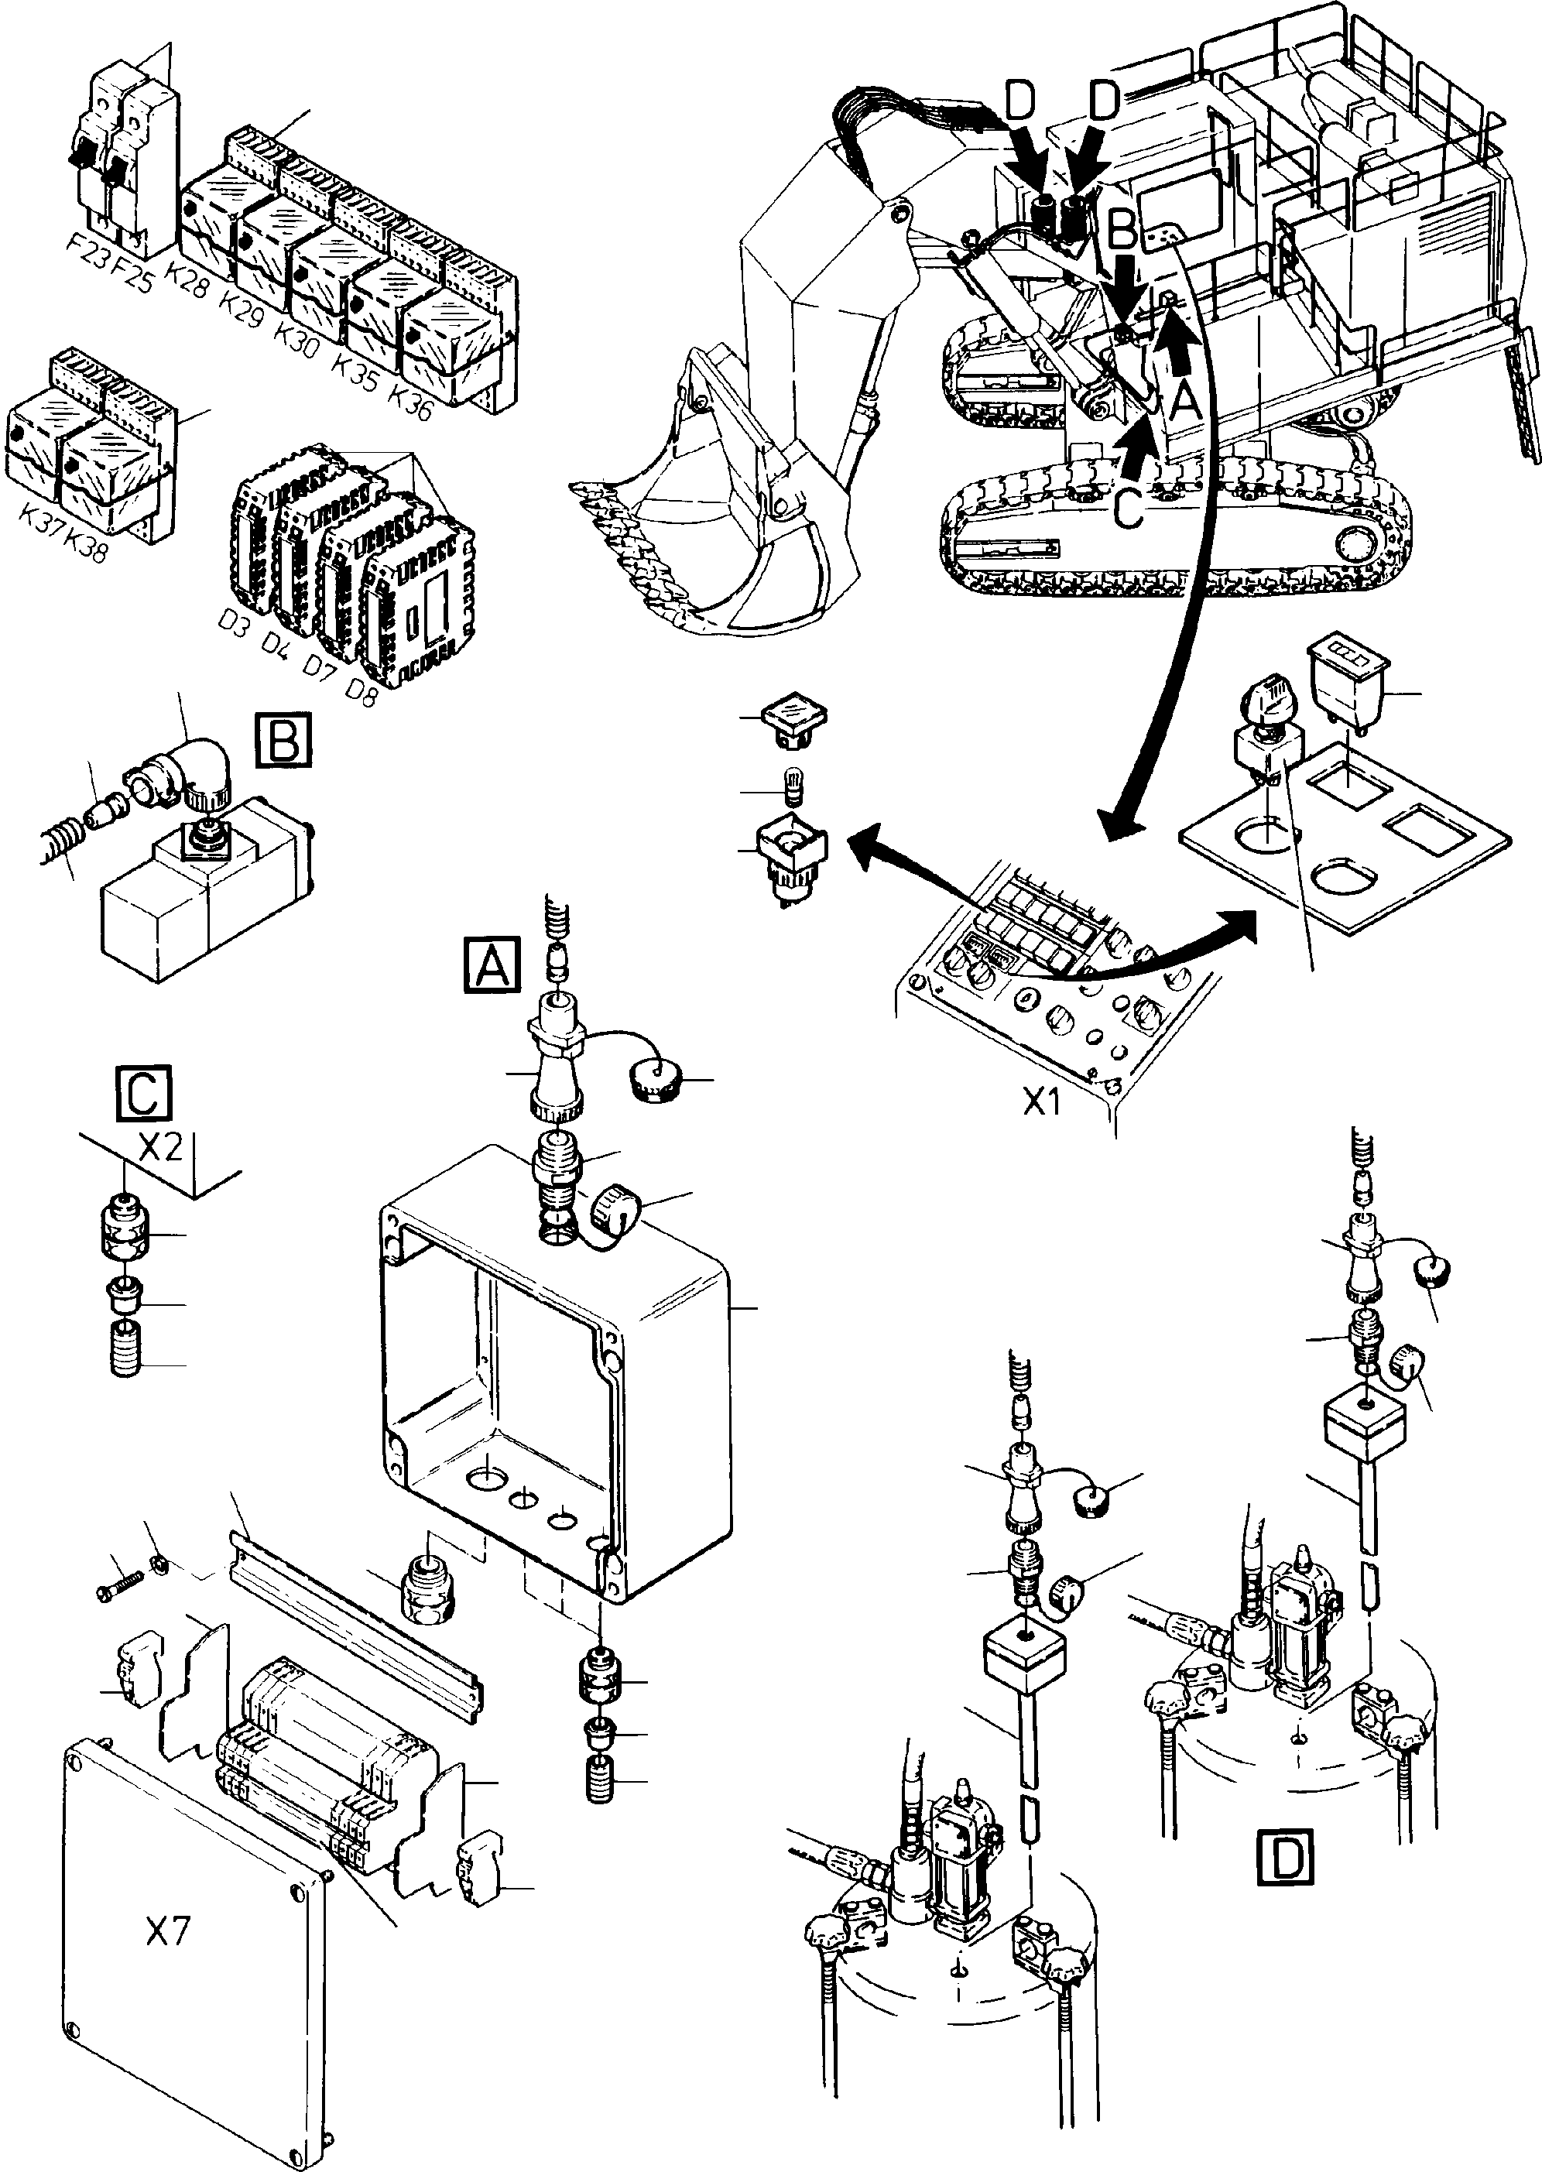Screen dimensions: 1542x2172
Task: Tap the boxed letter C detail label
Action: coord(143,1094)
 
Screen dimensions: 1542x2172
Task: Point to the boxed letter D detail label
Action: coord(1286,1857)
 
